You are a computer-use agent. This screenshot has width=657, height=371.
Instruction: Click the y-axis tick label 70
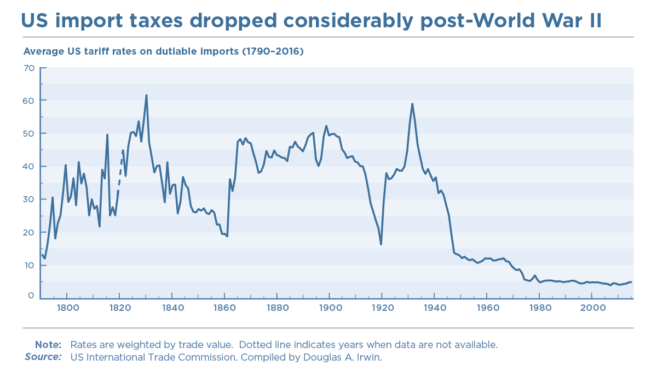click(28, 68)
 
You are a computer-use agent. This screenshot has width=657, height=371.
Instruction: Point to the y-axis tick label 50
click(28, 133)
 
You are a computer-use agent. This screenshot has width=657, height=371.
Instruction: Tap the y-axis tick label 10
click(28, 265)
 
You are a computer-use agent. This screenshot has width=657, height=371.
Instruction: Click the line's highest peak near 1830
click(146, 96)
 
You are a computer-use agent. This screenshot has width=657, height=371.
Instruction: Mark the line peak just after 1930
click(412, 104)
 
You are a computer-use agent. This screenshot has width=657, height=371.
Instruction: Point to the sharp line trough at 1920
click(381, 244)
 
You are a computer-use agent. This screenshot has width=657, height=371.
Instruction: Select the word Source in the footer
click(43, 357)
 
